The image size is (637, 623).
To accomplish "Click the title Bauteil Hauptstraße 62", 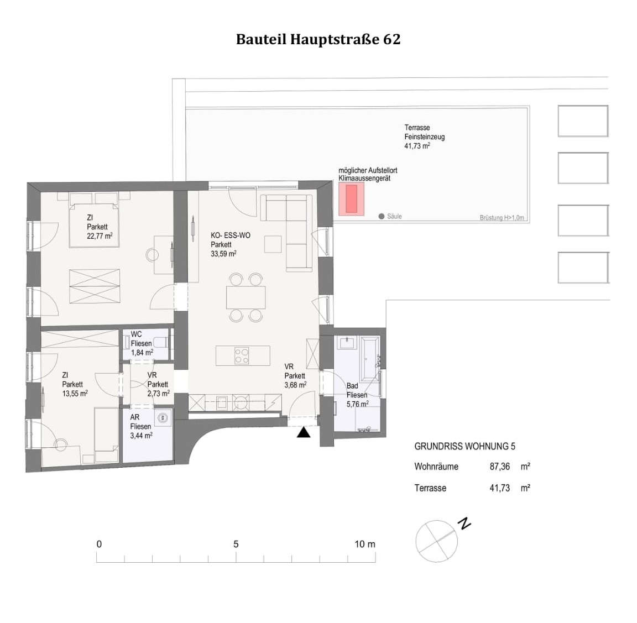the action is pos(318,40).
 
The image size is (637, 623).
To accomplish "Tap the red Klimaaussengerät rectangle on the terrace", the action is pos(352,199).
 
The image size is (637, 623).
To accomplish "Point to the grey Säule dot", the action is pos(382,217).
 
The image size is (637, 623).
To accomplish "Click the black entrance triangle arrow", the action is pos(303,433).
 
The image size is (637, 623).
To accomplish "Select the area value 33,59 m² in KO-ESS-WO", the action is pos(223,254).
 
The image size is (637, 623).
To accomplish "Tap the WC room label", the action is pos(137,334).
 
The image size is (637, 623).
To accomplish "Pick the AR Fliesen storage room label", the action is pos(140,422).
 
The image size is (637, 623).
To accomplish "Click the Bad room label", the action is pos(352,386).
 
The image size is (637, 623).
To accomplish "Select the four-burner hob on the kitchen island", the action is pos(242,355).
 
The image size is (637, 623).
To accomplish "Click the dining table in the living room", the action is pos(246,297).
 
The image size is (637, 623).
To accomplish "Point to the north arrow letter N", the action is pos(465,523).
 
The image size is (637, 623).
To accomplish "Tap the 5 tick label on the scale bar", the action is pos(236,544).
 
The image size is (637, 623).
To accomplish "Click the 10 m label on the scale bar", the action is pos(364,544).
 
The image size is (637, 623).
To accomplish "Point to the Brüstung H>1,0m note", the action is pos(502,218).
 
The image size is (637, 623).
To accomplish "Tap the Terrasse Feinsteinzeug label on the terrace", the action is pos(424,132).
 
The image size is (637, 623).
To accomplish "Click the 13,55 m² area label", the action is pos(75,394).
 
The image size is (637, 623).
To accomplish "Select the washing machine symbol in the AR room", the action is pos(163,418).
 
